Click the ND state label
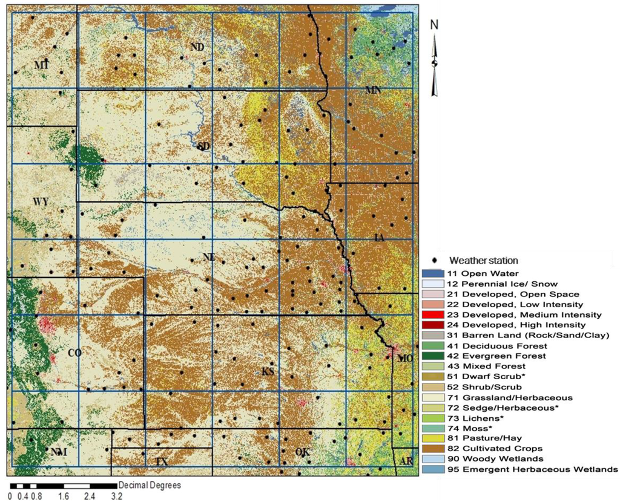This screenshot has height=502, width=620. (197, 47)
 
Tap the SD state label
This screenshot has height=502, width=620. (203, 147)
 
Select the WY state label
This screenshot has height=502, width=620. (41, 201)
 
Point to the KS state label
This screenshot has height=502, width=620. (268, 371)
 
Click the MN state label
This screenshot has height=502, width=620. (373, 90)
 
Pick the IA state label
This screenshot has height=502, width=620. (380, 238)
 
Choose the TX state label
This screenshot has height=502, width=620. (161, 461)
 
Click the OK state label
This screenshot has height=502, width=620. (302, 452)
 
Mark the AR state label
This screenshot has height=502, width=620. (406, 461)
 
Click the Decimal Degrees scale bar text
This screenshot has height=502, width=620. (150, 485)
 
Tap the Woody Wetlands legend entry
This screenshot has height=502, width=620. (490, 458)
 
